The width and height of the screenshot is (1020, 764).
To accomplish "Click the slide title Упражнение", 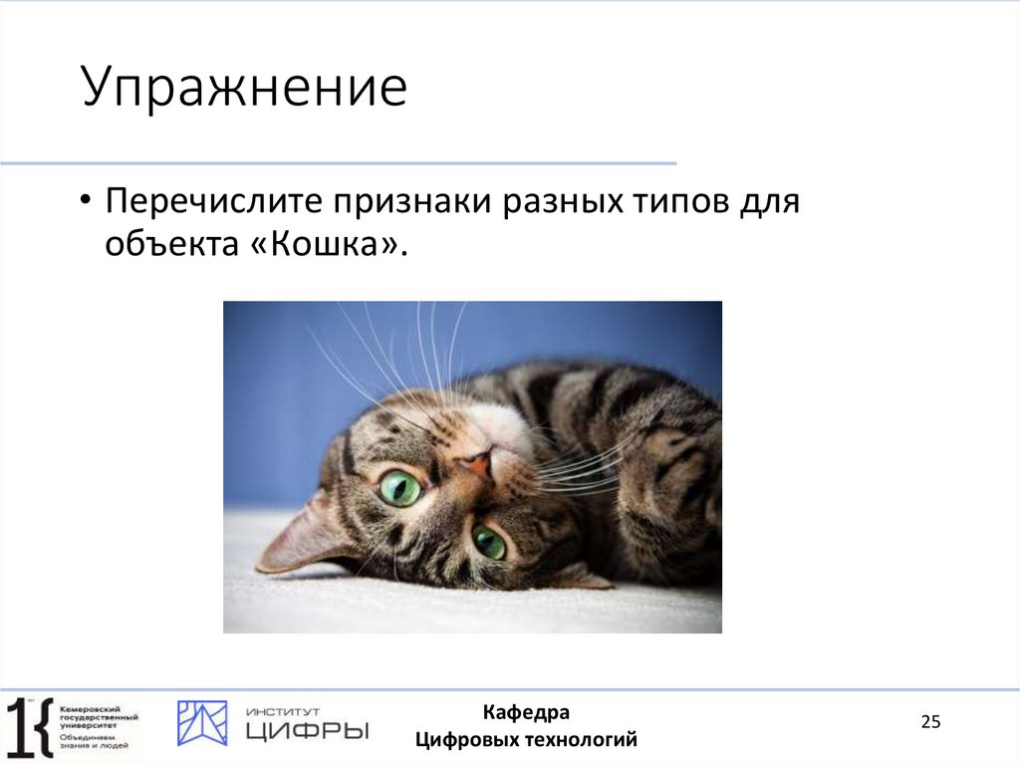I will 244,89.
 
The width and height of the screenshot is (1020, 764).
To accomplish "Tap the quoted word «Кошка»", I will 326,244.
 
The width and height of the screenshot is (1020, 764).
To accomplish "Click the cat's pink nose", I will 477,462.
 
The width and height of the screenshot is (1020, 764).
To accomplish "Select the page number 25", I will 930,722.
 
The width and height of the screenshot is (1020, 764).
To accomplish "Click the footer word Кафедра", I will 526,712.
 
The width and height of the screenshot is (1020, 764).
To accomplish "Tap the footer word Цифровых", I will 462,739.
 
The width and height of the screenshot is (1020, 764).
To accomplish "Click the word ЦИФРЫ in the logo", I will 307,732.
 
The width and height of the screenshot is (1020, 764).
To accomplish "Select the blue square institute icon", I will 202,723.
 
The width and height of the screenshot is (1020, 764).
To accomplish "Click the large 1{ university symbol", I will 28,724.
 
